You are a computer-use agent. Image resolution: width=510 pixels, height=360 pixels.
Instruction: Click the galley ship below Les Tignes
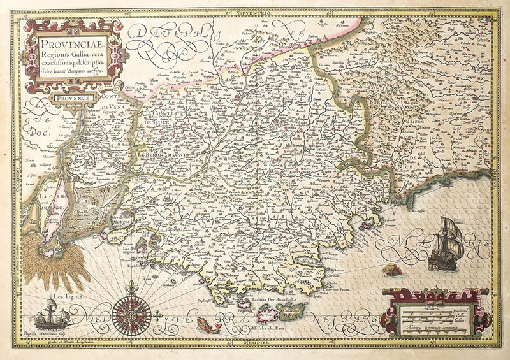click(x=50, y=315)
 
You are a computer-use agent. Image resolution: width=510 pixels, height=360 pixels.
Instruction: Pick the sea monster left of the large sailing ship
click(x=390, y=270)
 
